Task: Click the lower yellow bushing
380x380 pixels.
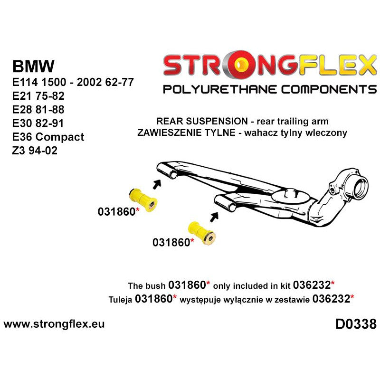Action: point(203,233)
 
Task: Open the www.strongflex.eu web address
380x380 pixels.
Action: point(54,324)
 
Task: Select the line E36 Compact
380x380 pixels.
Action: point(48,137)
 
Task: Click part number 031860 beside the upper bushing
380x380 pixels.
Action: point(116,212)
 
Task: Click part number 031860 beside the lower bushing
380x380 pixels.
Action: point(171,242)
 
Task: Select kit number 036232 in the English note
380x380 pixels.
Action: point(313,285)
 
